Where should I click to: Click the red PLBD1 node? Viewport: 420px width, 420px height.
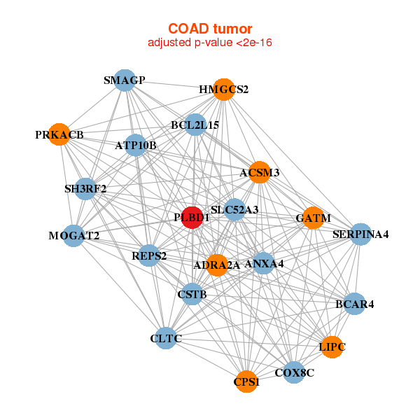tap(192, 217)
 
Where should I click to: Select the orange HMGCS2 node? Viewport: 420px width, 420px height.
tap(223, 89)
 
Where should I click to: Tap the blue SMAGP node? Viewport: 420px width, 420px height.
tap(124, 80)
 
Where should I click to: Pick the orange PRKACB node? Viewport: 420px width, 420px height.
tap(59, 134)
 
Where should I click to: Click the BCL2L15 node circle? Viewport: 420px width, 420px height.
tap(195, 125)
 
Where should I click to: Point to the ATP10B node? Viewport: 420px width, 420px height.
tap(136, 146)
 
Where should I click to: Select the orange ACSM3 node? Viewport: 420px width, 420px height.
tap(259, 172)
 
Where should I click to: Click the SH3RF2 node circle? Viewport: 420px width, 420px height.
tap(85, 188)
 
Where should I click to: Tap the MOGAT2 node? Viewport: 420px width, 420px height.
tap(74, 235)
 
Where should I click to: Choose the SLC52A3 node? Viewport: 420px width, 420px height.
tap(235, 209)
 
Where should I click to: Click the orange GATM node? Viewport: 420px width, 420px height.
tap(313, 218)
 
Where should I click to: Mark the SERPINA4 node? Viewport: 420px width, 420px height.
tap(360, 234)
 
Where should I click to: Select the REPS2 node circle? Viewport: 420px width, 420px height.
tap(149, 255)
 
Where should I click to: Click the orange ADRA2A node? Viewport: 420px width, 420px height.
tap(217, 265)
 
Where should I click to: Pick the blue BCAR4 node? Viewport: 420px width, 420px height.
tap(354, 304)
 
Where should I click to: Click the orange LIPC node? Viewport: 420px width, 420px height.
tap(332, 346)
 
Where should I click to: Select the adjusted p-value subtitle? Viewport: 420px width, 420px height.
tap(210, 43)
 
